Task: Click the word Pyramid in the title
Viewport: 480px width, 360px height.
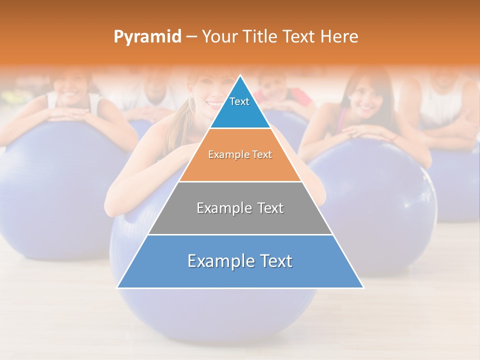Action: click(x=147, y=37)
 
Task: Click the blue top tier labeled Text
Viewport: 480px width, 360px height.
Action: click(x=240, y=107)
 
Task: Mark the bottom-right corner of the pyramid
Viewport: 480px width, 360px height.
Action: click(x=363, y=287)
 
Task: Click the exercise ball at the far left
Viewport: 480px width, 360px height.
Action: click(x=55, y=190)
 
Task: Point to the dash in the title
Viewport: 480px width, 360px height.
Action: click(x=191, y=37)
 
